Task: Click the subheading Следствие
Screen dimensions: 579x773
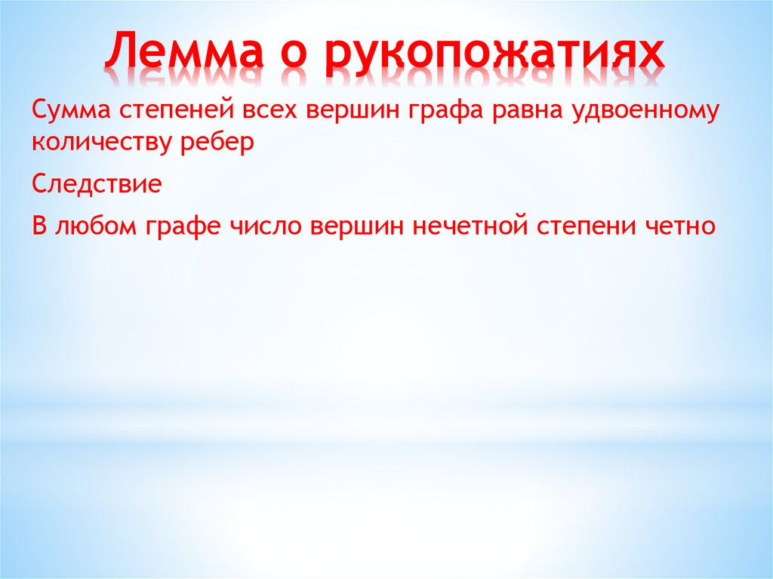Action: pyautogui.click(x=97, y=184)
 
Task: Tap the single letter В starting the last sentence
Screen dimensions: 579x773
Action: pyautogui.click(x=39, y=226)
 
